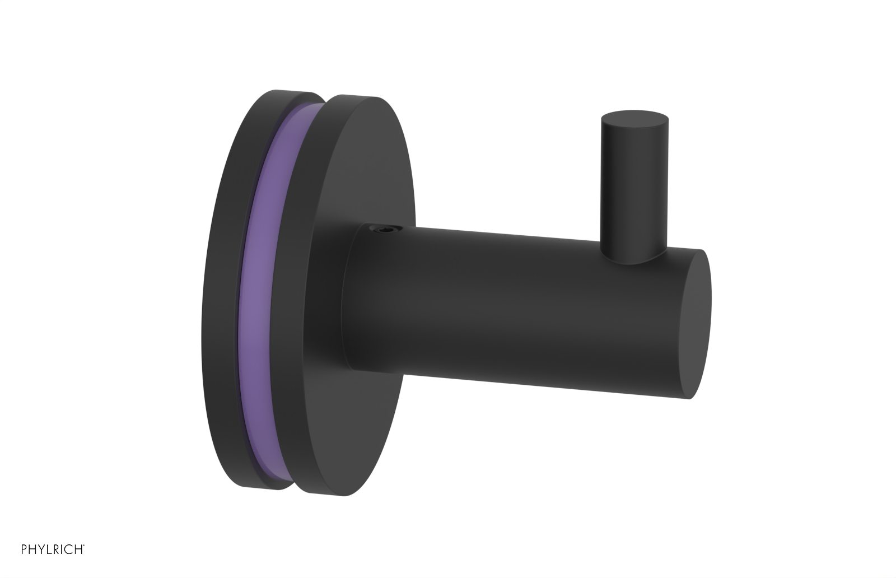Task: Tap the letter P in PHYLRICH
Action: [24, 563]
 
